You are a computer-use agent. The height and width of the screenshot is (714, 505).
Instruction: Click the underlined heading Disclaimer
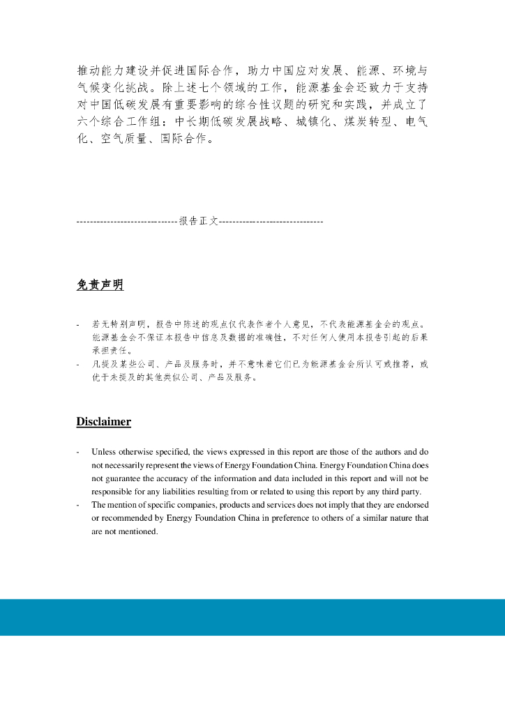coord(103,422)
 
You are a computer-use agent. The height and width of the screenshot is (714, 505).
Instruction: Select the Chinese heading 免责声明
coord(100,284)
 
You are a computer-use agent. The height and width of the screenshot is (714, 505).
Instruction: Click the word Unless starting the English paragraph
coord(104,452)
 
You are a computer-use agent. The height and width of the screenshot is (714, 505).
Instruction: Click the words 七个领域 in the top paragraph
coord(225,89)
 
